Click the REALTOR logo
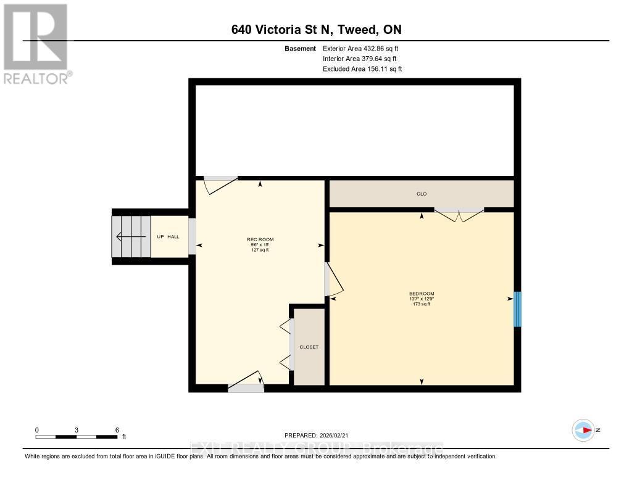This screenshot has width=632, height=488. (x=36, y=44)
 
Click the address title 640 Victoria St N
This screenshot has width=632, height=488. (x=316, y=30)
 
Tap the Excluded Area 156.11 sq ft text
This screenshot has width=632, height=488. (x=362, y=69)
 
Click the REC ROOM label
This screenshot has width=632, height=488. (x=260, y=239)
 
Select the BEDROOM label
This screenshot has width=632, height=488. (x=422, y=293)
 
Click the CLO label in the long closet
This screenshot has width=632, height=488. (x=422, y=194)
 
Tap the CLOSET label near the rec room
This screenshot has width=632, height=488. (x=309, y=347)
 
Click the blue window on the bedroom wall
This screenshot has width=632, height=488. (x=517, y=308)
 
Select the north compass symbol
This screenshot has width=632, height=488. (x=583, y=430)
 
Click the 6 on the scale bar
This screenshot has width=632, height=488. (x=117, y=429)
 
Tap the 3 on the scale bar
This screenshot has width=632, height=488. (x=77, y=429)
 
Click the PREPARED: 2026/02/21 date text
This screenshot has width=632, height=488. (x=316, y=435)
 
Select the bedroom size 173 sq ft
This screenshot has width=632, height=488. (x=422, y=304)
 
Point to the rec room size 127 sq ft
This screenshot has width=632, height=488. (x=260, y=250)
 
